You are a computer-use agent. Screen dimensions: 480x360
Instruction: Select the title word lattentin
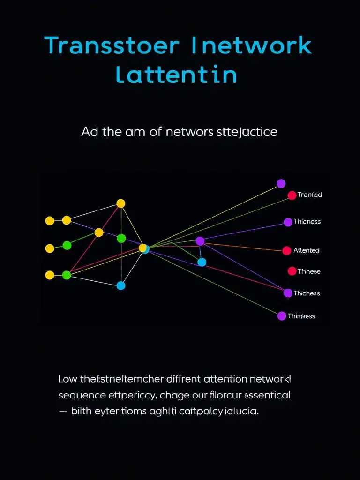(176, 75)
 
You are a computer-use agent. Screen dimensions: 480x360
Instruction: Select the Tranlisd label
(309, 195)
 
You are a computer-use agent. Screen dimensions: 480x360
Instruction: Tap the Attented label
(306, 250)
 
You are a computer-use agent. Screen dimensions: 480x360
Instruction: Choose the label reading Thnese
(309, 271)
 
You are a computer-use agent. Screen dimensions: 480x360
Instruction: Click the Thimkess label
(301, 316)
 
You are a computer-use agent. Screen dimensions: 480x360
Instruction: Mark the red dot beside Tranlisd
(292, 195)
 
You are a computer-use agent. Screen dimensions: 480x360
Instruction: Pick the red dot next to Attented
(286, 251)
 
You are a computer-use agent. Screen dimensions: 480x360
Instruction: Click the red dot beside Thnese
(292, 271)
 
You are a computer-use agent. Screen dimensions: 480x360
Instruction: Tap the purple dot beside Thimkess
(282, 316)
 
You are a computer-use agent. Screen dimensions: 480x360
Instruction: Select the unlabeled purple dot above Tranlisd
(281, 183)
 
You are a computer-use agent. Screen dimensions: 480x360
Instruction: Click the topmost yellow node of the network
(120, 203)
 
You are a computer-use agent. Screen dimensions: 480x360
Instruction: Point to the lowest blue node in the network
(121, 285)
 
